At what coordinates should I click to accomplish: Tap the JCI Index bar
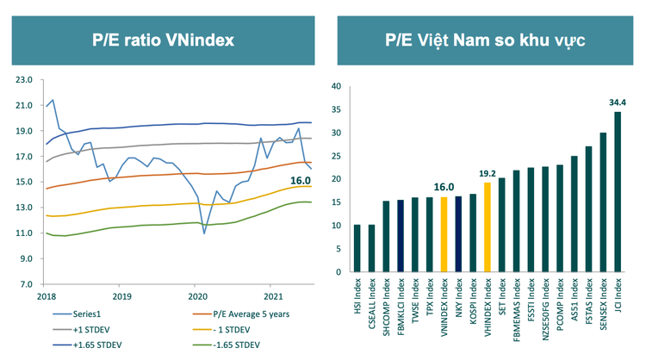click(617, 191)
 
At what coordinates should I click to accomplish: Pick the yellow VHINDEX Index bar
click(487, 227)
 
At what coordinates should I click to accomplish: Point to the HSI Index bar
click(357, 248)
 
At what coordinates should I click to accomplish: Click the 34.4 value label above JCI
click(617, 102)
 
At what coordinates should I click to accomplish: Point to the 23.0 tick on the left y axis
click(24, 80)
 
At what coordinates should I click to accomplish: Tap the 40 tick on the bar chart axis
click(337, 86)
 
